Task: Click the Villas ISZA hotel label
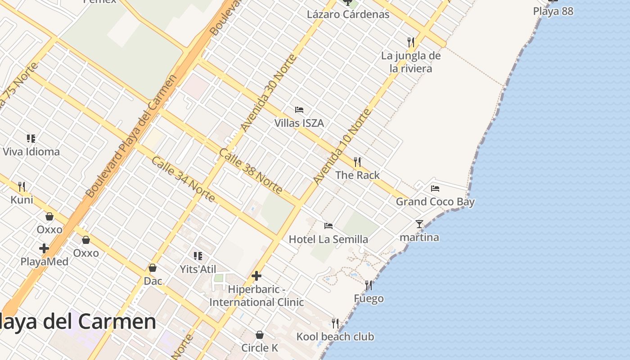[x=299, y=123]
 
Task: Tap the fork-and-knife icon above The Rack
[x=357, y=162]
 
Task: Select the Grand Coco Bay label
[x=435, y=202]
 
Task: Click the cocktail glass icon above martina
[x=419, y=224]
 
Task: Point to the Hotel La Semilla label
[x=328, y=239]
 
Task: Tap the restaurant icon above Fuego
[x=369, y=285]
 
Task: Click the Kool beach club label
[x=335, y=336]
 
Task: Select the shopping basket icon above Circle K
[x=260, y=335]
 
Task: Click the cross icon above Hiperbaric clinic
[x=256, y=275]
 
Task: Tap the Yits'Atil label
[x=198, y=269]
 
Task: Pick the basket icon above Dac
[x=153, y=268]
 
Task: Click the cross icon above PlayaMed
[x=44, y=248]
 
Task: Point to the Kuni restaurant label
[x=22, y=199]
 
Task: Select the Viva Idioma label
[x=31, y=151]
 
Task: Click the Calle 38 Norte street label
[x=250, y=171]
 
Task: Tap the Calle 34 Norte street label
[x=183, y=179]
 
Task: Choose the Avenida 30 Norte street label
[x=269, y=93]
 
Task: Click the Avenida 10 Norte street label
[x=342, y=147]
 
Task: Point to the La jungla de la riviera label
[x=411, y=62]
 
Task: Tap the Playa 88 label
[x=553, y=11]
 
